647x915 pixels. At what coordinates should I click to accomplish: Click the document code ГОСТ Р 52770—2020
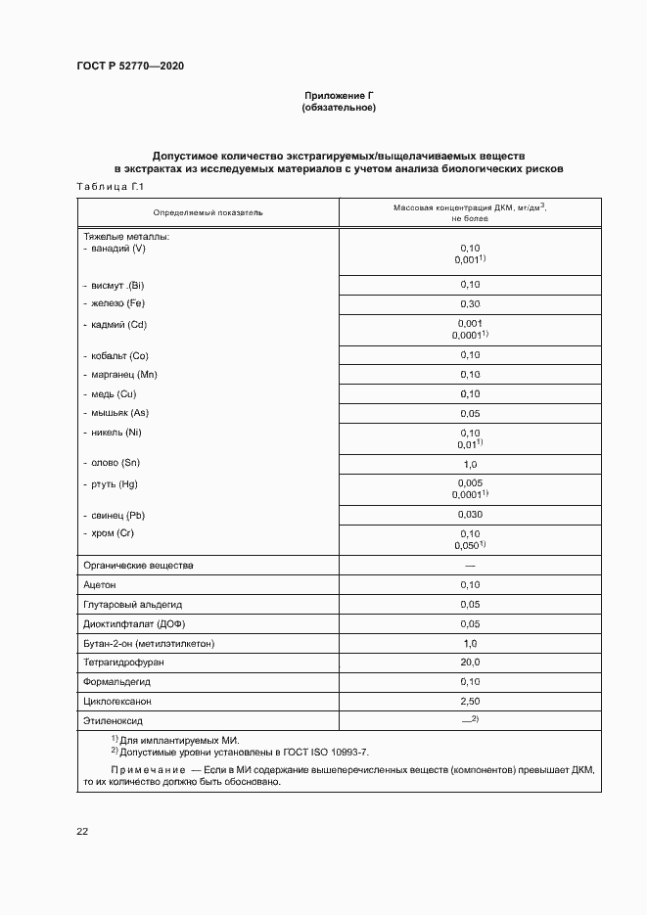tap(130, 66)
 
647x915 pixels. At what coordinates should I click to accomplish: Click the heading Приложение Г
tap(339, 95)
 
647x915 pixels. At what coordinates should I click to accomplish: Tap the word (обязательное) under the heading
tap(339, 108)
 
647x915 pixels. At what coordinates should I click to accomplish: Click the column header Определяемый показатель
tap(208, 212)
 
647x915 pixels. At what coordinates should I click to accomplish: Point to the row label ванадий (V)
tap(116, 249)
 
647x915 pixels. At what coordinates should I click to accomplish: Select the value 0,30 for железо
tap(470, 304)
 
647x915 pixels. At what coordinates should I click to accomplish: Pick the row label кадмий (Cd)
tap(118, 324)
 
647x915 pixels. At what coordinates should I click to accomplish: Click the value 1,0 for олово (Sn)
tap(470, 464)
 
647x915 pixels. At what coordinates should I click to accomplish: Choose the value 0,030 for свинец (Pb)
tap(470, 515)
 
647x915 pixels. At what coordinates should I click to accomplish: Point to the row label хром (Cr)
tap(113, 533)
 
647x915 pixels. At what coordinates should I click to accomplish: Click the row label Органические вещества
tap(139, 566)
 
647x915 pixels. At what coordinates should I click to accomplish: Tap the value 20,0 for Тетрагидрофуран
tap(470, 663)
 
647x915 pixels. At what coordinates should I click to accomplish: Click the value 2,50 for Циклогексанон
tap(470, 702)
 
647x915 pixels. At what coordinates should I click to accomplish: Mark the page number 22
tap(82, 831)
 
